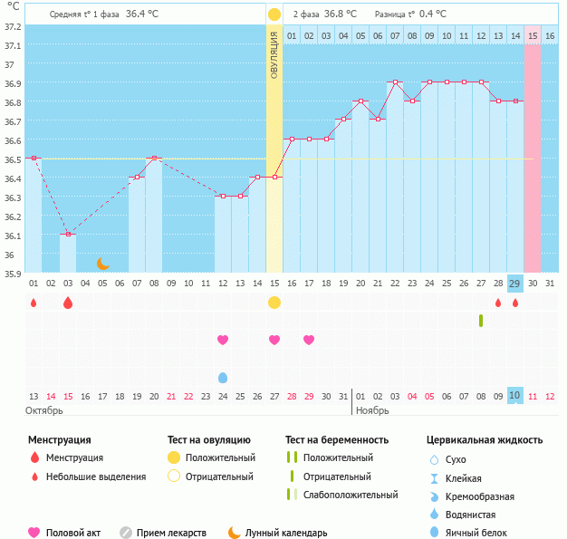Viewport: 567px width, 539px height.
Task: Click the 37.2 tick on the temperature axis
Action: click(x=11, y=26)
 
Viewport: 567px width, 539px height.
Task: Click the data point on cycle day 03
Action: click(x=68, y=235)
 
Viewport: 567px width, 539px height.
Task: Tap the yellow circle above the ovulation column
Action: click(x=274, y=14)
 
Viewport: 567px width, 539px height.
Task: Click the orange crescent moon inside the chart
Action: click(x=103, y=264)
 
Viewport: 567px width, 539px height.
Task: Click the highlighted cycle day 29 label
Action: click(x=514, y=284)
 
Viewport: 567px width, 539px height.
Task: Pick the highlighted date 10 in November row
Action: click(x=514, y=396)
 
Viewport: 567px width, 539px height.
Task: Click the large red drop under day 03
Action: click(x=68, y=303)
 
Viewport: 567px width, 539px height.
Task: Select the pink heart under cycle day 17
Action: click(x=309, y=340)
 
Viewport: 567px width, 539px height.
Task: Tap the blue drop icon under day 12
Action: click(x=223, y=377)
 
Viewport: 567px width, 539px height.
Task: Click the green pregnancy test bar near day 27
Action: click(x=481, y=321)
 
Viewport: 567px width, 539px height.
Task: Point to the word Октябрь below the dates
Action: click(x=44, y=410)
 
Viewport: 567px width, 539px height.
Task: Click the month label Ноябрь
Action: click(x=373, y=410)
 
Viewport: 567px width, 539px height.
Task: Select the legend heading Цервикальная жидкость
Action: click(x=485, y=439)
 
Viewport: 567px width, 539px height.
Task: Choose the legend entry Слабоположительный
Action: click(x=351, y=495)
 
